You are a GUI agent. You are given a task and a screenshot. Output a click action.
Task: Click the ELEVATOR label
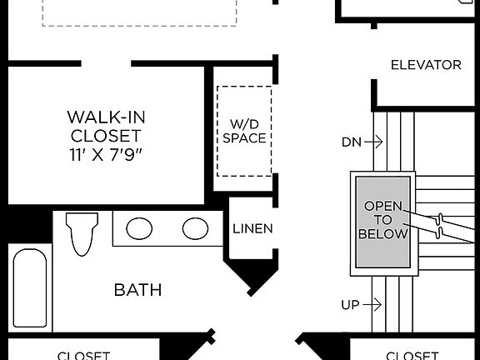click(426, 65)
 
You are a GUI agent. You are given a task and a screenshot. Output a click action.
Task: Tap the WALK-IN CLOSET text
click(105, 125)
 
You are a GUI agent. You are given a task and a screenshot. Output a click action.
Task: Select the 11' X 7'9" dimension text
click(105, 153)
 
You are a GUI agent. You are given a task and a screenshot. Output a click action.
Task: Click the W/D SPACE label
click(244, 131)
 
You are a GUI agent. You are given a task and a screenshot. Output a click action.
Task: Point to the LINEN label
click(252, 228)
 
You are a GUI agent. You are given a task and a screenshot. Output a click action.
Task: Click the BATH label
click(138, 290)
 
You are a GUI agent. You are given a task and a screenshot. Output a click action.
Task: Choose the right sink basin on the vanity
click(196, 228)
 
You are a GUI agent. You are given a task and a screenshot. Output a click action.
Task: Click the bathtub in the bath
click(31, 287)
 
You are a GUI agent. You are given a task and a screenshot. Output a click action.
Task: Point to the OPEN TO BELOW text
click(382, 220)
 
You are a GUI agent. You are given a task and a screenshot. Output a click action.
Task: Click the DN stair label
click(351, 142)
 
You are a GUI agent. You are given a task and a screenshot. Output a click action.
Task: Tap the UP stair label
click(350, 305)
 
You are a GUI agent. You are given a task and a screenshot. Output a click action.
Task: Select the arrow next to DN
click(374, 142)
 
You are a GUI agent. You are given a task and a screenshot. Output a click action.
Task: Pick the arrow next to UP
click(374, 305)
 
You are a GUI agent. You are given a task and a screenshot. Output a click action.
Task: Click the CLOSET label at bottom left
click(83, 355)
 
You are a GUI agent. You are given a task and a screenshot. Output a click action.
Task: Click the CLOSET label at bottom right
click(412, 355)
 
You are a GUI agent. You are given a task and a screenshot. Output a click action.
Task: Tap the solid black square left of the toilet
click(25, 224)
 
